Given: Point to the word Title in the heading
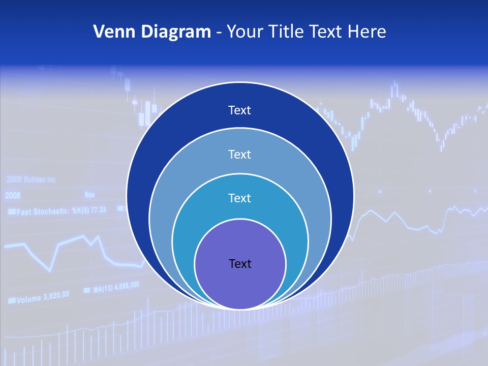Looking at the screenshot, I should (x=288, y=32).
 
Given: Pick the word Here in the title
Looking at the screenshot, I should (x=367, y=32).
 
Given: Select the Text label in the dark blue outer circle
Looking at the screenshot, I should (x=240, y=110).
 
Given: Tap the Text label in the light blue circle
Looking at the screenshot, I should (x=240, y=154).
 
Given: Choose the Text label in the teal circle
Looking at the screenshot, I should (x=240, y=198).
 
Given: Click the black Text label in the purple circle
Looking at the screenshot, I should (x=240, y=263).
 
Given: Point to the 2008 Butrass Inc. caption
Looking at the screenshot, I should (x=32, y=179).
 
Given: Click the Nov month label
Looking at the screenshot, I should (x=90, y=195).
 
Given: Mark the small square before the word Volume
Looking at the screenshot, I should (x=11, y=301).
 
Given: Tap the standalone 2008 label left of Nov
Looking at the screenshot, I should (x=13, y=195).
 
